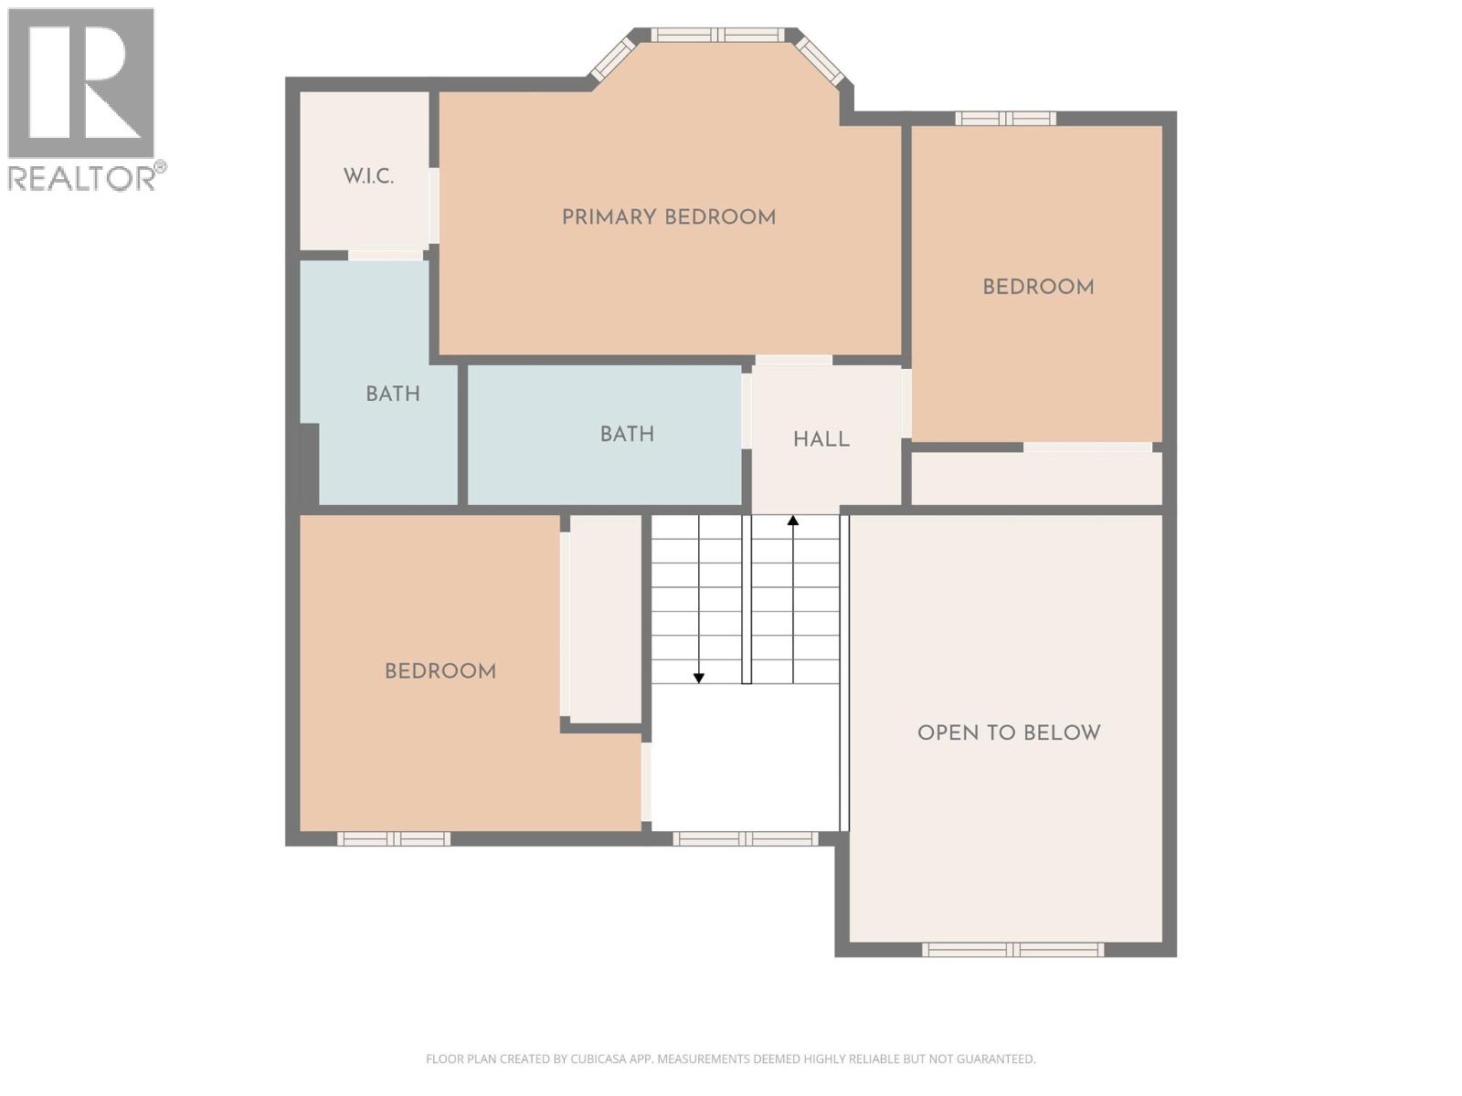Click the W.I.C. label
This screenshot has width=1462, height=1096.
click(368, 176)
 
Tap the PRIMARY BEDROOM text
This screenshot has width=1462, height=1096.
click(668, 217)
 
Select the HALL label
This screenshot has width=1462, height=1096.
click(821, 439)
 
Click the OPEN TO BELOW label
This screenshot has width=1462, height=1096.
click(1009, 732)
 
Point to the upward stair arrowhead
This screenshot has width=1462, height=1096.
click(793, 521)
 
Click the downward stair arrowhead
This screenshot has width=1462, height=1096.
click(699, 678)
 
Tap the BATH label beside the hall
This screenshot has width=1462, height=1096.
click(627, 434)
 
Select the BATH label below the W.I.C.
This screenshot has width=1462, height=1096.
click(393, 394)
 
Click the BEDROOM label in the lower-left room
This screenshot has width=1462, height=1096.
click(440, 671)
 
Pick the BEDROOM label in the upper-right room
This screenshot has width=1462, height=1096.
click(1038, 287)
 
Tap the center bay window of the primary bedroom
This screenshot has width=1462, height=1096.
click(717, 35)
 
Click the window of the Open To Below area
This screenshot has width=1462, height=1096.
click(1012, 950)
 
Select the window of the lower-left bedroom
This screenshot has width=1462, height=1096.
click(394, 838)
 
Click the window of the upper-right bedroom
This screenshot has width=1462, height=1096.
click(1005, 118)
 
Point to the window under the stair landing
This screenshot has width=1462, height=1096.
click(746, 838)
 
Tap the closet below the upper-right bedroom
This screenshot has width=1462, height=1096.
click(1036, 478)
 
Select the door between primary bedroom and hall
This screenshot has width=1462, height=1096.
click(793, 360)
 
